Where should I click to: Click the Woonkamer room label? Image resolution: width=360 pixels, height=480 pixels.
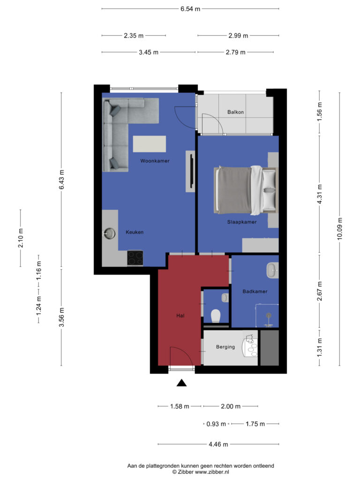point(155,161)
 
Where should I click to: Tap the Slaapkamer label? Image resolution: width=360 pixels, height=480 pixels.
point(242,222)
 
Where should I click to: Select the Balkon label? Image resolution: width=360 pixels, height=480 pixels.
point(235,112)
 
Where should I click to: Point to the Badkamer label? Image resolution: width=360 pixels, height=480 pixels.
point(255,292)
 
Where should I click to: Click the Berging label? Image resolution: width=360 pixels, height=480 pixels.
point(225,347)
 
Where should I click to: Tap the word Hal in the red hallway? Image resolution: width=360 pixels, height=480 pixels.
point(180,315)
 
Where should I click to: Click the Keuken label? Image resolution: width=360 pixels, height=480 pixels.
point(135,232)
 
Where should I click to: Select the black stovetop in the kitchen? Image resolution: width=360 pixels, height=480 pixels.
point(135,258)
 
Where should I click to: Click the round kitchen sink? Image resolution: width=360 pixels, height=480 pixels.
point(109,233)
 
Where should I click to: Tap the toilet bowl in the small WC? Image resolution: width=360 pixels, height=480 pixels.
point(216,315)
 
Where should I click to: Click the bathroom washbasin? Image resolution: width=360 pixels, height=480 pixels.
point(272,270)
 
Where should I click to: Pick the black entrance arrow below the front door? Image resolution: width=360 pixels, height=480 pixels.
point(181,382)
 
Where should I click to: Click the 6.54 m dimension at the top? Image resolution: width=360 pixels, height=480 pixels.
point(190,9)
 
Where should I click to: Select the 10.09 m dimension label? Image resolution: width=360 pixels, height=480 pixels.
point(339,229)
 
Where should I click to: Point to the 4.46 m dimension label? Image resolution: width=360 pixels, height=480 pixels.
point(218,444)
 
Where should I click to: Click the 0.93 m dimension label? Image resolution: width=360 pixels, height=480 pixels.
point(216,424)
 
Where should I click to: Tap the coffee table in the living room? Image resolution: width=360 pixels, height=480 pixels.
point(150,144)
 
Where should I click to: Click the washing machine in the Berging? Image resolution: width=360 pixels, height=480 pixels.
point(250,347)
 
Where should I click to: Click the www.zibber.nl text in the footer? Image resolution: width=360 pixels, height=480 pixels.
point(212,472)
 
